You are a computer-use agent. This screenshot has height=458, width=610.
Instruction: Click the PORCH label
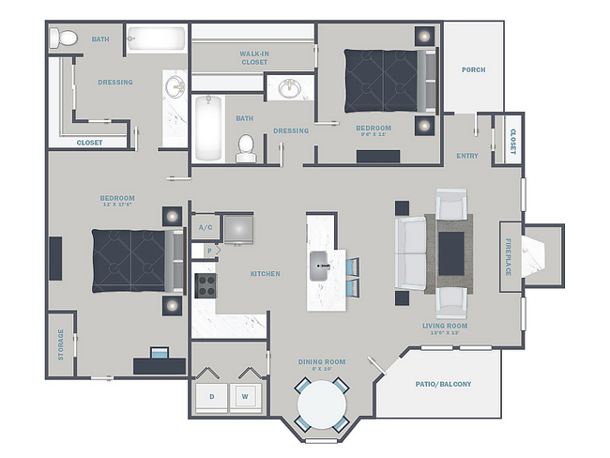(474, 69)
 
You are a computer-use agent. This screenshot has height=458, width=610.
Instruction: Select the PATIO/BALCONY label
(443, 384)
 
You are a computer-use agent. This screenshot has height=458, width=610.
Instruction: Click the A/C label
(204, 227)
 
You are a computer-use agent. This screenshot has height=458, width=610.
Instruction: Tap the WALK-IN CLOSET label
(253, 57)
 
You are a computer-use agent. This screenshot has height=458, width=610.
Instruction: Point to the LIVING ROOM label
(445, 328)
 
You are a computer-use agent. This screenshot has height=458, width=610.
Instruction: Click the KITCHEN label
(265, 274)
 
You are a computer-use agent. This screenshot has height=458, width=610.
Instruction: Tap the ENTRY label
(466, 156)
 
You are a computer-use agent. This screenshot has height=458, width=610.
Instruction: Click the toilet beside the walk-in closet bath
(246, 146)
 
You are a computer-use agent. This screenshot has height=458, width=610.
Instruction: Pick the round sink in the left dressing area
(175, 87)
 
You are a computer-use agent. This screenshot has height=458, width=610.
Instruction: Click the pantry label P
(208, 251)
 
